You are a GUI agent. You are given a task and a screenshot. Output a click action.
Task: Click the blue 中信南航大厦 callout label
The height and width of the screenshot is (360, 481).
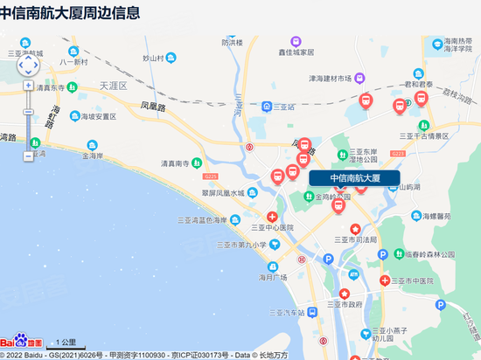(354, 177)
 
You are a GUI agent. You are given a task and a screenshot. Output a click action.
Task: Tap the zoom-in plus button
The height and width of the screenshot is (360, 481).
(29, 86)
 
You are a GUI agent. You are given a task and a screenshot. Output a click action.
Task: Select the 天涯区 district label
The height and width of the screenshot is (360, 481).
(114, 86)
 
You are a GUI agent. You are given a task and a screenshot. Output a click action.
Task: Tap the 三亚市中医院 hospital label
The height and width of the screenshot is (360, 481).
(411, 280)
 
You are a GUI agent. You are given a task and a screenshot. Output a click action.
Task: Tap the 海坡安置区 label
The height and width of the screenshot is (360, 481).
(94, 116)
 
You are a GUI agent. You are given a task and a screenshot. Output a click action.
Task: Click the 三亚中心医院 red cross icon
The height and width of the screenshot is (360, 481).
(273, 216)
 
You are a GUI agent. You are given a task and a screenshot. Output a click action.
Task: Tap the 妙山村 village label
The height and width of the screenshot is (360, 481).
(153, 58)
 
